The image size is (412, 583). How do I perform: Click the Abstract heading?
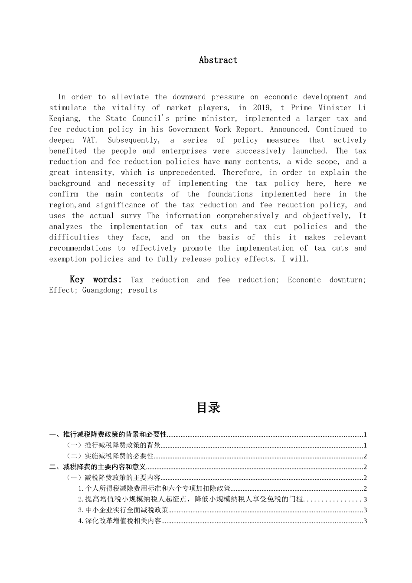(218, 60)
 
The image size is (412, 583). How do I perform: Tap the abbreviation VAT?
(90, 140)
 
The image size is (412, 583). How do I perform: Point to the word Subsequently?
(134, 140)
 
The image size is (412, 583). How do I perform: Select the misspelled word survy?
(131, 216)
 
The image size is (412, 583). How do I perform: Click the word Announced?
(289, 129)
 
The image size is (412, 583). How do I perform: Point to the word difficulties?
(74, 237)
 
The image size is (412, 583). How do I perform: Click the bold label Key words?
(95, 280)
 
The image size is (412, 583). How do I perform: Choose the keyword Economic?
(304, 280)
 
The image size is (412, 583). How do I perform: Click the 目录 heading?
(208, 407)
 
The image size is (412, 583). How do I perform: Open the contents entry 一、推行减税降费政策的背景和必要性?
(108, 434)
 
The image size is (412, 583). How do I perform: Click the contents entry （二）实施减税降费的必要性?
(110, 456)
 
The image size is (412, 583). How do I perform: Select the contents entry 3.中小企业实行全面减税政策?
(123, 510)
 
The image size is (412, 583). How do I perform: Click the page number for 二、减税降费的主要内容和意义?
(365, 467)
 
